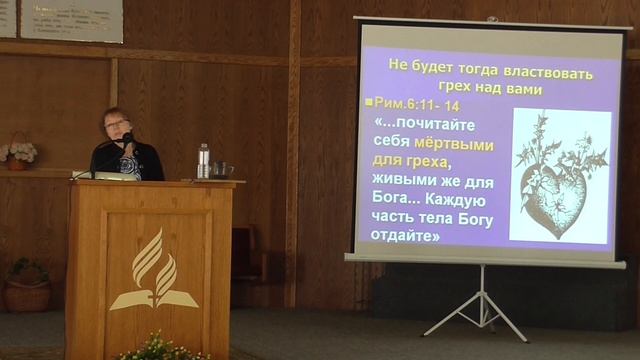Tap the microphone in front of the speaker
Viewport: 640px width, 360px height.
pos(126,138)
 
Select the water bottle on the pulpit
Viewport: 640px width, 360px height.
pos(204,161)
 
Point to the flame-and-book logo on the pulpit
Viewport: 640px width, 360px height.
pos(154,269)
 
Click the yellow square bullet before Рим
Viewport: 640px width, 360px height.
pos(368,104)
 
